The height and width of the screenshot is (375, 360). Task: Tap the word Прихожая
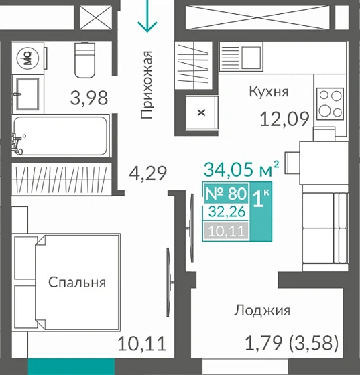coord(147,85)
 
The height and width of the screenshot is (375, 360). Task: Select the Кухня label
coord(268,91)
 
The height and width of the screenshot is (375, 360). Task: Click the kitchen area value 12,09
coord(284,120)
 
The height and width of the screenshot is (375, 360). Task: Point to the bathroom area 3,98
coord(89,98)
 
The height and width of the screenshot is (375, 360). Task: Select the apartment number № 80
coord(225,194)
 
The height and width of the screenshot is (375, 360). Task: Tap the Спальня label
coord(76,282)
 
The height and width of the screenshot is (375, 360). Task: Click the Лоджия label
coord(261,310)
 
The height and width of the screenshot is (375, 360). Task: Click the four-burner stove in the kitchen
coord(331,103)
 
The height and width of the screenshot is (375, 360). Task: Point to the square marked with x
coord(200,112)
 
